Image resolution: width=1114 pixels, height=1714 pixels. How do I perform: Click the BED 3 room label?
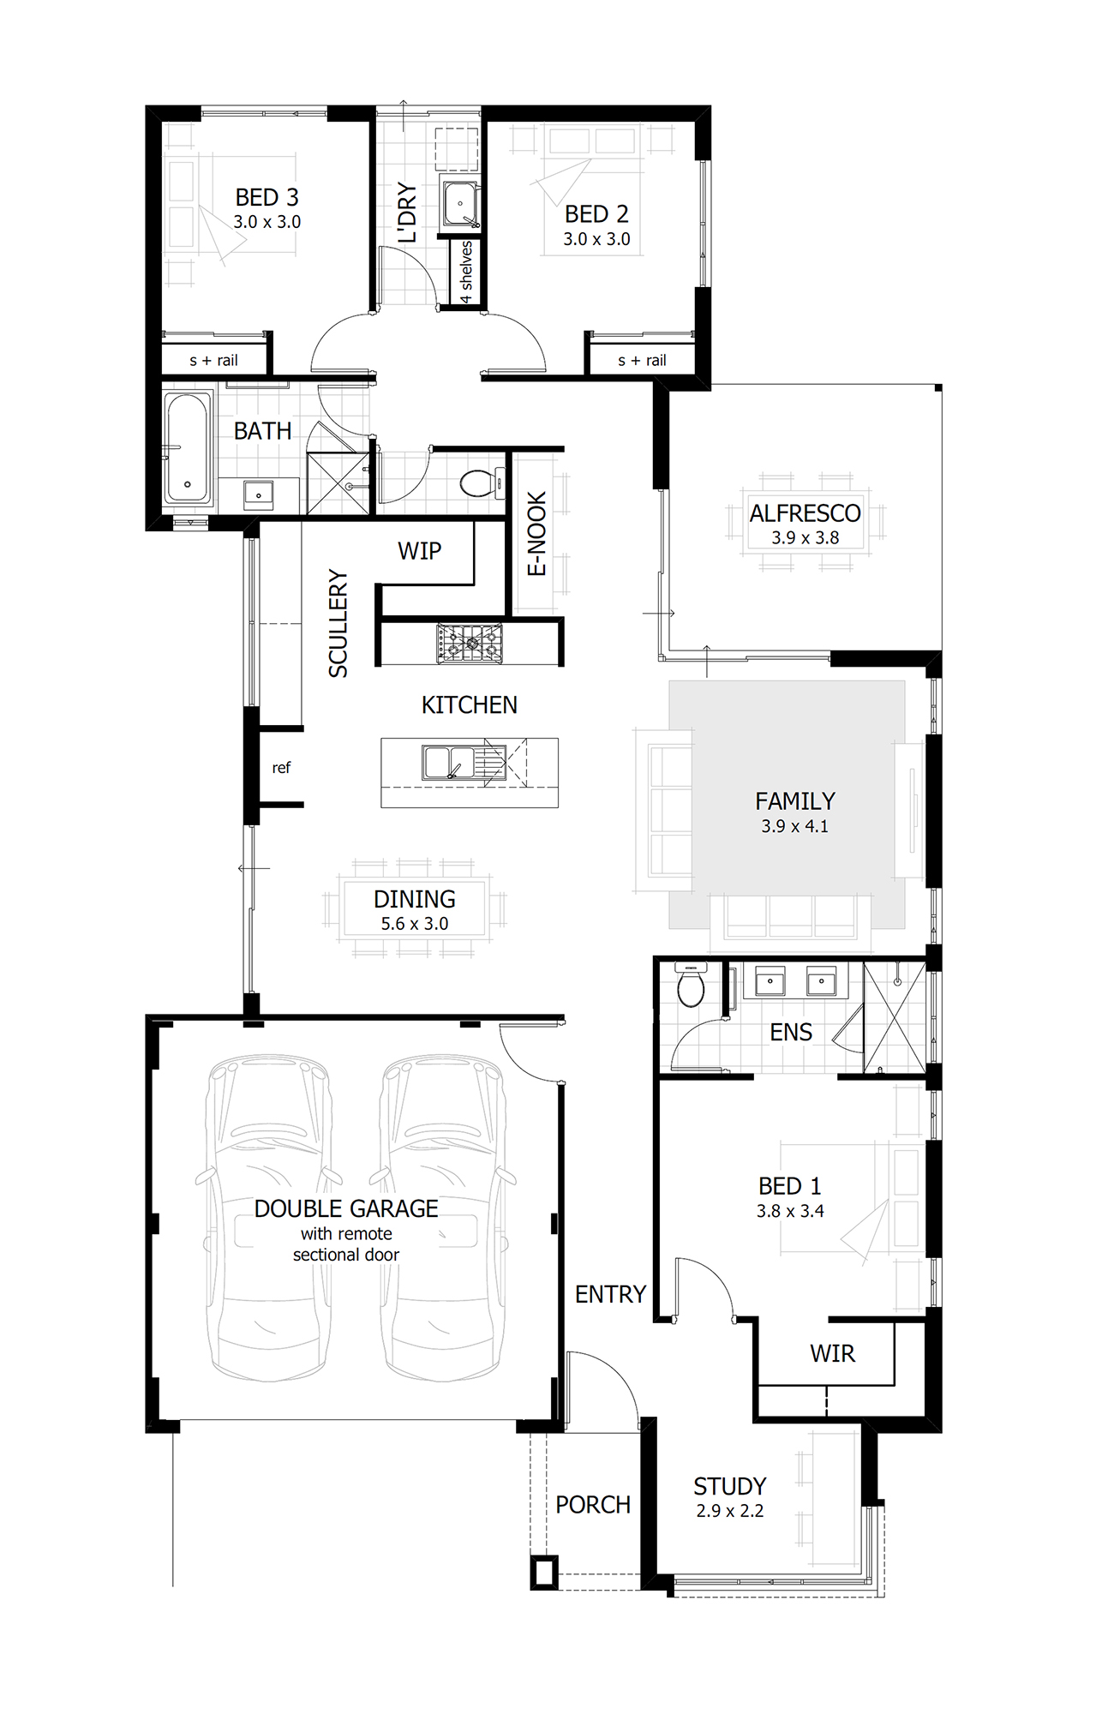coord(267,197)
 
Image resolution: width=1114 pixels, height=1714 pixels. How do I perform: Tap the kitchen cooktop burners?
coord(469,643)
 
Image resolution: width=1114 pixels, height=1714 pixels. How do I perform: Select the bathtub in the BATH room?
coord(188,447)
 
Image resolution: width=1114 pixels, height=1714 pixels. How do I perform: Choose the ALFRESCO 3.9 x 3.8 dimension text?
coord(805,538)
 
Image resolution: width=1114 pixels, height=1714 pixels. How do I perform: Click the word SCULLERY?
coord(338,624)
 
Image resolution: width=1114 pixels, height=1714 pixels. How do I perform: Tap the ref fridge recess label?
coord(281,768)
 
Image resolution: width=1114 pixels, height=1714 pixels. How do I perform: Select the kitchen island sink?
coord(449,762)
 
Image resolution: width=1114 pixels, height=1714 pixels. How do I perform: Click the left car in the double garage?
coord(268,1217)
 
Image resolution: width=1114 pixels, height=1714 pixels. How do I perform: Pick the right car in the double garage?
coord(442,1217)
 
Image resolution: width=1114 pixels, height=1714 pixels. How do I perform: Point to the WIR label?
coord(832,1354)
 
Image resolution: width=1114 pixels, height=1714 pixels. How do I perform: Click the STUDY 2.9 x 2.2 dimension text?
coord(729,1511)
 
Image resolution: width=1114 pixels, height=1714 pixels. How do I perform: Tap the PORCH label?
coord(592,1505)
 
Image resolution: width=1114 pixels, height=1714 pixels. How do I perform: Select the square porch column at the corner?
coord(543,1573)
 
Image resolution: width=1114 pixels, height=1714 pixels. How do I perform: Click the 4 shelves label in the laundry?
coord(466,272)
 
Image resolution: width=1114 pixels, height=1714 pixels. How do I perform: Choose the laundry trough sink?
coord(460,204)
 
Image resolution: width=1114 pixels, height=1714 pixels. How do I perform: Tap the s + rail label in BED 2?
coord(642,361)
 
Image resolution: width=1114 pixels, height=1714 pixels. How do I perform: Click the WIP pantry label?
coord(419,551)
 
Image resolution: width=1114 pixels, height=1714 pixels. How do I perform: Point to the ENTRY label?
coord(610,1294)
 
